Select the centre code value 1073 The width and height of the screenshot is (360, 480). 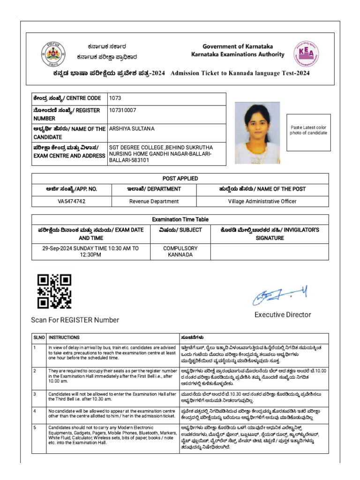(115, 98)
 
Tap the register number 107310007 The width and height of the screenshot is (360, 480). (123, 110)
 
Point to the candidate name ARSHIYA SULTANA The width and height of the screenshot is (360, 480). (132, 128)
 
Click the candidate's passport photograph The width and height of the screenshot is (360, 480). (257, 133)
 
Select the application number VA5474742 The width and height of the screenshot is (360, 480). (72, 202)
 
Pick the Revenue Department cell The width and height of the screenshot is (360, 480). (154, 202)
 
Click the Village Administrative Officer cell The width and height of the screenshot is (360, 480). (262, 202)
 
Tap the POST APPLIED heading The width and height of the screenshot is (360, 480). (180, 179)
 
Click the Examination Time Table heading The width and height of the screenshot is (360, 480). (180, 219)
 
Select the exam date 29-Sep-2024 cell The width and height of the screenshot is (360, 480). (90, 252)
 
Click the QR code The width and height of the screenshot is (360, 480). (54, 291)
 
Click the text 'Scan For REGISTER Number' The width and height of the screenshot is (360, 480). (75, 320)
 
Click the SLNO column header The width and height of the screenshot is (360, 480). (38, 337)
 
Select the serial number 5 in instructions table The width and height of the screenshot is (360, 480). (35, 428)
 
